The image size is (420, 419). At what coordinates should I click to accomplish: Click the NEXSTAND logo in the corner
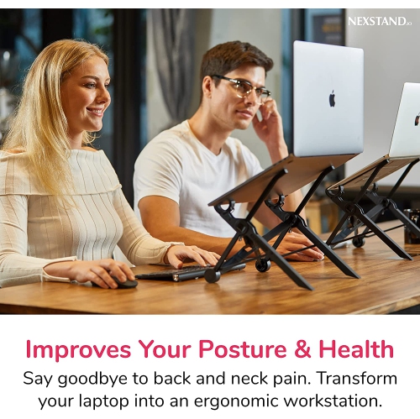(379, 21)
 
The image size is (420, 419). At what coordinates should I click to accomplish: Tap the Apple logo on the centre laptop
(332, 98)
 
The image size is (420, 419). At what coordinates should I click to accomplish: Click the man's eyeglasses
(241, 87)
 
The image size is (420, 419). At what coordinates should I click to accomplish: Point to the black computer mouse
(123, 282)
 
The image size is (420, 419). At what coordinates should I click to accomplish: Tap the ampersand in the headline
(297, 349)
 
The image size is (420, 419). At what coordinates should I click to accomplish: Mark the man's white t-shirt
(185, 176)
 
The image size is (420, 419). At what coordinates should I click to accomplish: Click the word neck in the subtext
(221, 378)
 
